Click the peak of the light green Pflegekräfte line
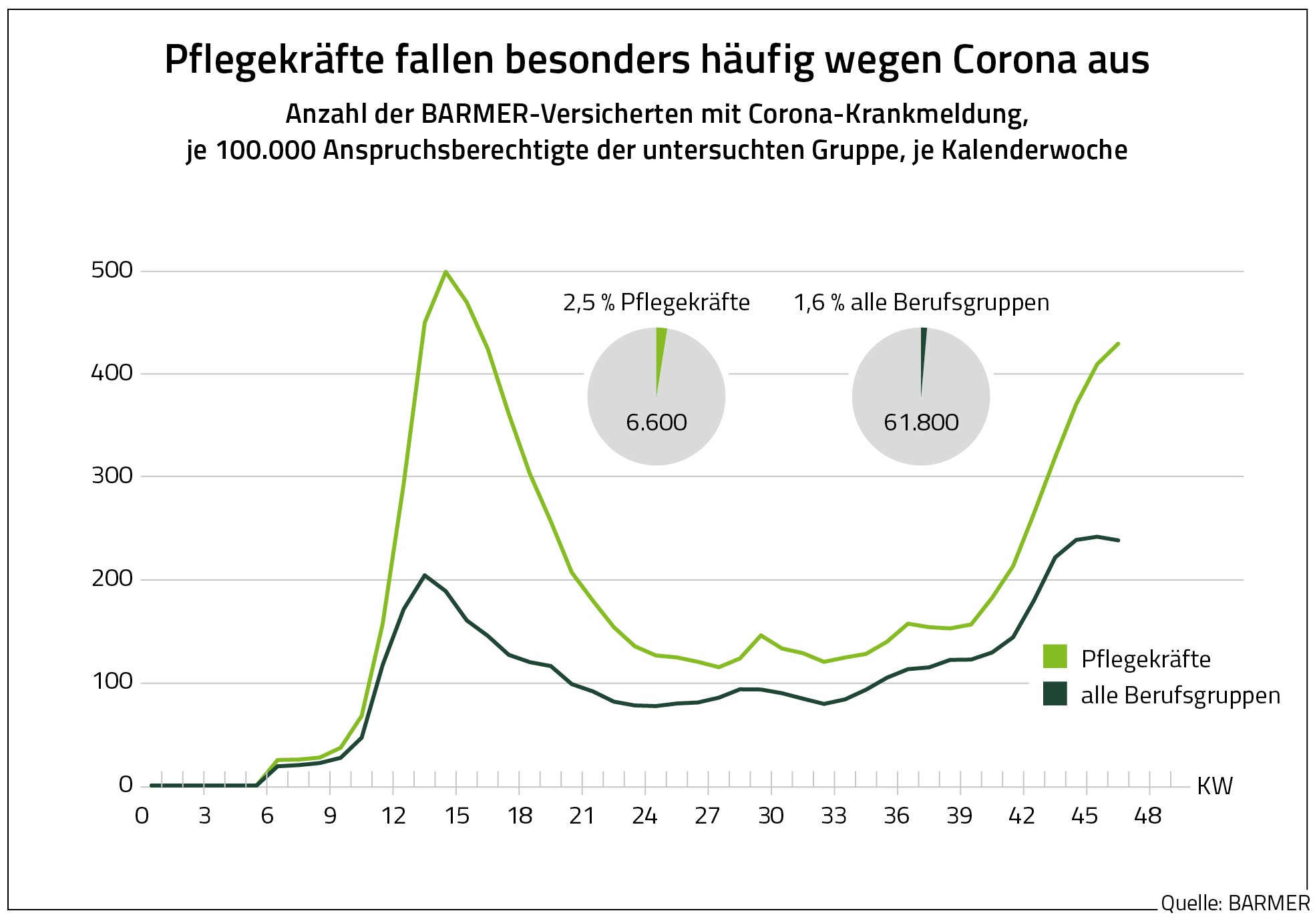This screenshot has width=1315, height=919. click(x=445, y=272)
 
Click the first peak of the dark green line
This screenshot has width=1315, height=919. click(x=425, y=575)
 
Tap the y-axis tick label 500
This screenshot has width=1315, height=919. click(x=112, y=270)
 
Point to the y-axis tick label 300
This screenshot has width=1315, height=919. click(x=112, y=476)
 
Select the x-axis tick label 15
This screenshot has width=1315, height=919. click(x=457, y=816)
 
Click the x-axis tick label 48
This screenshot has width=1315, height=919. click(x=1148, y=816)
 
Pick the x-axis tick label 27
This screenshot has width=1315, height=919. click(x=708, y=816)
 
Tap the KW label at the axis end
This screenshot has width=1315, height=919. click(x=1214, y=786)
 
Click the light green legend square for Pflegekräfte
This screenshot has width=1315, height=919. click(x=1055, y=657)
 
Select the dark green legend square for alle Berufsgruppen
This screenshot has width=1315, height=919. click(x=1055, y=694)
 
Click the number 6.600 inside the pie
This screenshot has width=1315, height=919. click(x=656, y=422)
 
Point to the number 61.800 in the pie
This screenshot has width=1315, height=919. click(x=921, y=422)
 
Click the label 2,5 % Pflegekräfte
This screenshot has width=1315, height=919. click(x=656, y=303)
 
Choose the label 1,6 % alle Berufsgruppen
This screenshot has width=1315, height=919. click(x=922, y=303)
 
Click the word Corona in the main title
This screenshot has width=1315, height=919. click(x=1009, y=60)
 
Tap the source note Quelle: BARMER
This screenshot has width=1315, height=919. click(x=1235, y=904)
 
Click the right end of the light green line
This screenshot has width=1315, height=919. click(x=1118, y=344)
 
